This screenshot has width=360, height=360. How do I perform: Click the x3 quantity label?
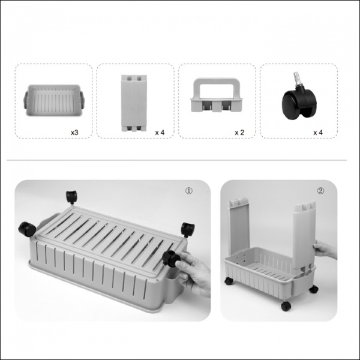(x=74, y=133)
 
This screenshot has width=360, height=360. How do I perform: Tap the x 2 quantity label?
(x=239, y=133)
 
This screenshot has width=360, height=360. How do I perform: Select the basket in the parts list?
(x=54, y=101)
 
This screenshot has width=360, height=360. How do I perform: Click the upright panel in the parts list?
(x=134, y=103)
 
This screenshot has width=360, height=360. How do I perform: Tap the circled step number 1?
(x=189, y=191)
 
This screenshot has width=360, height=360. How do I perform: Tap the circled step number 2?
(x=321, y=191)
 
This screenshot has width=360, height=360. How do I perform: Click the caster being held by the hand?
(x=171, y=259)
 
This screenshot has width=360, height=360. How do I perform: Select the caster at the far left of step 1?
(x=27, y=229)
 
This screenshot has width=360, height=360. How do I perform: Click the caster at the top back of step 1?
(x=71, y=197)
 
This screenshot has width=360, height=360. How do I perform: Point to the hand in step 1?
(x=193, y=273)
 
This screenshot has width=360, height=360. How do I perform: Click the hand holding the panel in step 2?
(x=324, y=249)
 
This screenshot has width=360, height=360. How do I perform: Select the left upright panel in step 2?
(x=239, y=226)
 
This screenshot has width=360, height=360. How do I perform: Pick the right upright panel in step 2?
(x=304, y=235)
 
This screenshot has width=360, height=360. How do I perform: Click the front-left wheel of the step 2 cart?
(x=229, y=281)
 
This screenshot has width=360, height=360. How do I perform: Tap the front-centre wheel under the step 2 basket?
(x=286, y=306)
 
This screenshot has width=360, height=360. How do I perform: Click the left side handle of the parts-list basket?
(x=26, y=100)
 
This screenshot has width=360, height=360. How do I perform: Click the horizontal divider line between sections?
(x=177, y=160)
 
